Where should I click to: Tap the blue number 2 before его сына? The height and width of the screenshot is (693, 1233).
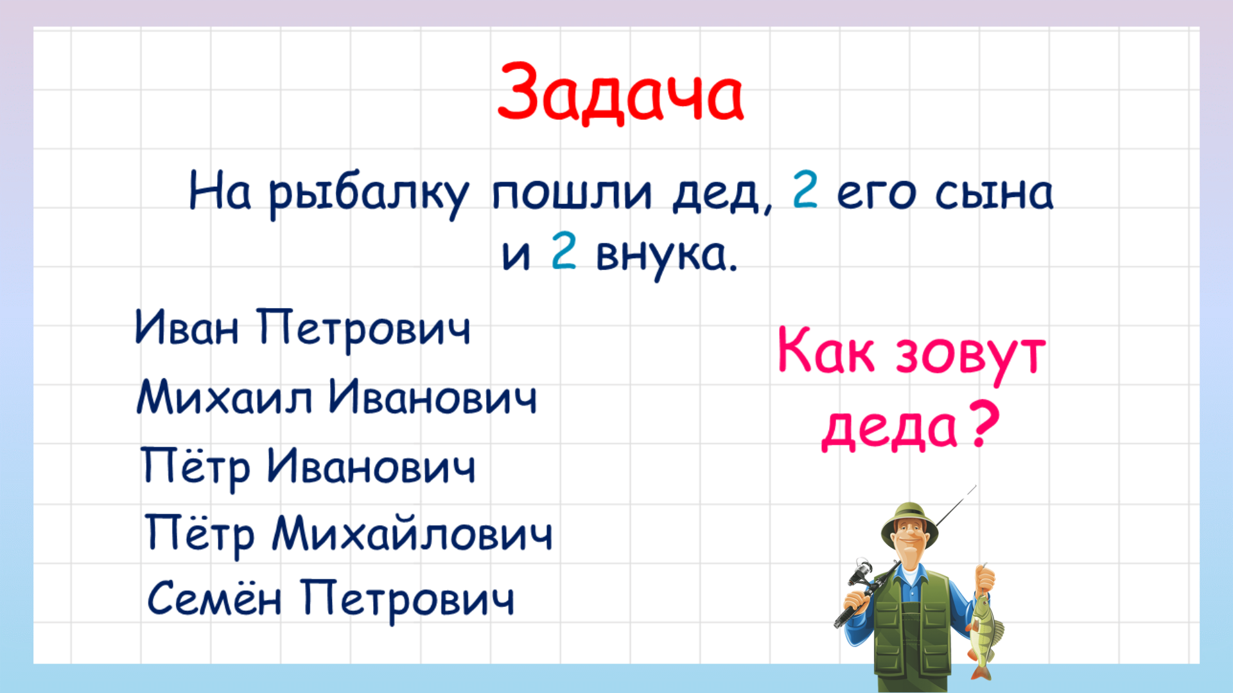pyautogui.click(x=805, y=190)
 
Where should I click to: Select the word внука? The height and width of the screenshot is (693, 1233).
pyautogui.click(x=667, y=255)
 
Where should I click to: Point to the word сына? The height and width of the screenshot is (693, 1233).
pyautogui.click(x=993, y=193)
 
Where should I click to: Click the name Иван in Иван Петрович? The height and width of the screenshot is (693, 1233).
pyautogui.click(x=187, y=328)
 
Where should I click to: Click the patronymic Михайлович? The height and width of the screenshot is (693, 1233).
pyautogui.click(x=412, y=534)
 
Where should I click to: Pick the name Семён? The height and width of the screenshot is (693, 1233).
pyautogui.click(x=214, y=598)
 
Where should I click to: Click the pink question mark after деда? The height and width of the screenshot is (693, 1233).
pyautogui.click(x=983, y=424)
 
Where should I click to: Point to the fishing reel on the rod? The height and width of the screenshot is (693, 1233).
pyautogui.click(x=861, y=571)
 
